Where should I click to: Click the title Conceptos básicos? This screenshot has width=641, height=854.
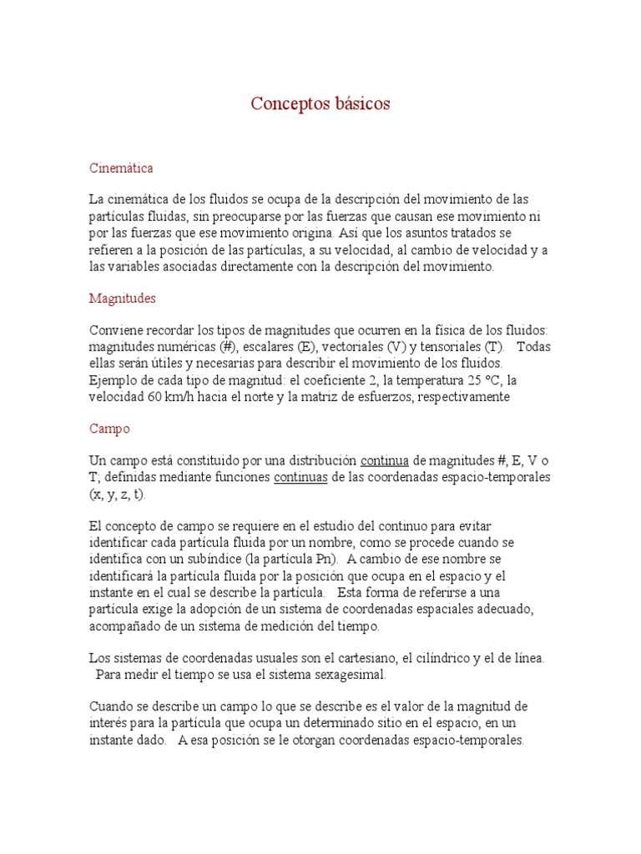point(320,104)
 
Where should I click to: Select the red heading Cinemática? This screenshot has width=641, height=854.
point(121,168)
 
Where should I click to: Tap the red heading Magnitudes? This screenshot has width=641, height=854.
point(122,298)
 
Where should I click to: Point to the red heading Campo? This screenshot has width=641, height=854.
point(109,429)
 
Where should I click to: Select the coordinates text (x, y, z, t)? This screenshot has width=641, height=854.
point(118,495)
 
